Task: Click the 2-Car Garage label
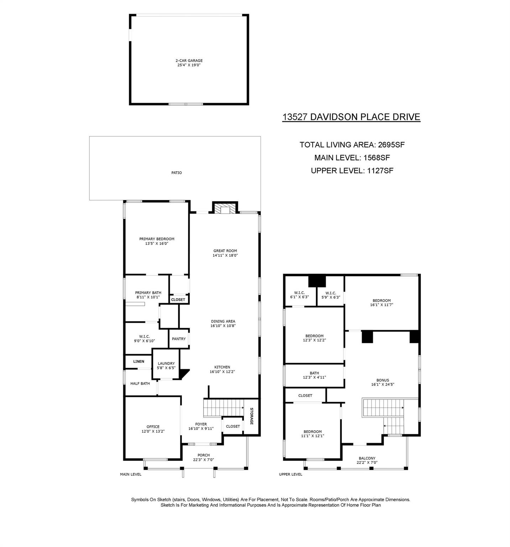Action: pyautogui.click(x=189, y=63)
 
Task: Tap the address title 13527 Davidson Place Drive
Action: pyautogui.click(x=351, y=117)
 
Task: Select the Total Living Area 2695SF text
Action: pyautogui.click(x=352, y=145)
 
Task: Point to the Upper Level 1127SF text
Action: pyautogui.click(x=352, y=171)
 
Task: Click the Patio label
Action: pyautogui.click(x=177, y=173)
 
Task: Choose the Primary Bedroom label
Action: pyautogui.click(x=157, y=241)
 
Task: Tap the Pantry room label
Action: pyautogui.click(x=179, y=339)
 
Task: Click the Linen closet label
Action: pyautogui.click(x=139, y=361)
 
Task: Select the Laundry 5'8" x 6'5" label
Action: pyautogui.click(x=166, y=366)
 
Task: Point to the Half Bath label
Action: pyautogui.click(x=140, y=384)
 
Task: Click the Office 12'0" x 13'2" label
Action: pyautogui.click(x=153, y=429)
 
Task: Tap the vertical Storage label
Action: pyautogui.click(x=251, y=416)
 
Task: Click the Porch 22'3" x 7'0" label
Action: pyautogui.click(x=204, y=457)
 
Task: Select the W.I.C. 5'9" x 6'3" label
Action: pyautogui.click(x=331, y=295)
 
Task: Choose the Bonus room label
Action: pyautogui.click(x=383, y=382)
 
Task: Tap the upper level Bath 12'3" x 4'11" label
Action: pyautogui.click(x=314, y=375)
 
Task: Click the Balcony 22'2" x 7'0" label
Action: pyautogui.click(x=367, y=460)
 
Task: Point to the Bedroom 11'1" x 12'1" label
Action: pyautogui.click(x=312, y=433)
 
